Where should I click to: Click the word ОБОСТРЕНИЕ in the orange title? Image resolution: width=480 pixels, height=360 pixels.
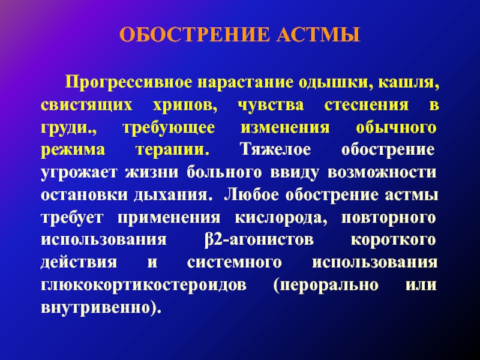point(194,35)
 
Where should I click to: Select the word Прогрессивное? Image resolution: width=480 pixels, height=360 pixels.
point(128,83)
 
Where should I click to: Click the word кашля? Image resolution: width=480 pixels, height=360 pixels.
point(409,83)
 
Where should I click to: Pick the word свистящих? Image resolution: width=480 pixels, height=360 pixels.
point(86,106)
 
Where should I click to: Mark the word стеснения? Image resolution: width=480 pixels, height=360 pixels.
point(367,106)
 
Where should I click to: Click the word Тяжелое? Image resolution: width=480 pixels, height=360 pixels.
point(275,149)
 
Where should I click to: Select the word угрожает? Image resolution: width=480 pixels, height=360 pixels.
point(79,173)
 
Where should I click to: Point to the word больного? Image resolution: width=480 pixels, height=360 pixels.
point(224,172)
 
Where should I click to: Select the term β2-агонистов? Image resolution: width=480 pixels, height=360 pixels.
point(259,239)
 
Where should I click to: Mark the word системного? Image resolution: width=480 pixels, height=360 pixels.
point(234,263)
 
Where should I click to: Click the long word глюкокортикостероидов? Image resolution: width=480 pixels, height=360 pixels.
point(144,286)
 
